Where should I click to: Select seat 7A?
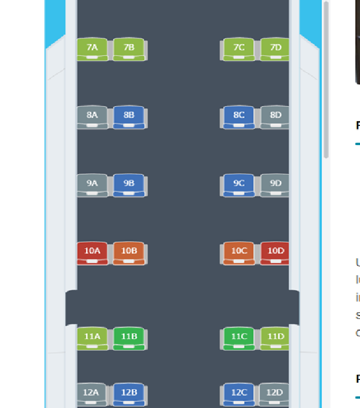pos(92,49)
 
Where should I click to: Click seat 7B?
pos(129,49)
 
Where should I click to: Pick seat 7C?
pos(239,49)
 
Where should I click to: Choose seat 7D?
pos(275,49)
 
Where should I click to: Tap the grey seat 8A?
pos(92,117)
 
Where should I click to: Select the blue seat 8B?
pos(129,117)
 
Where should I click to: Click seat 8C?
pos(239,117)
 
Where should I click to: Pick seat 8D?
pos(275,117)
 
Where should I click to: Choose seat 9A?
pos(92,185)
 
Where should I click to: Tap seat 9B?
pos(129,185)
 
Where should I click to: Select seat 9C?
pos(239,185)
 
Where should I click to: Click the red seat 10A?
pos(92,253)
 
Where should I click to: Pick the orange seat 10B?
pos(129,253)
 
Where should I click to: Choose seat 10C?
pos(239,253)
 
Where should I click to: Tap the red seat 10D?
pos(275,253)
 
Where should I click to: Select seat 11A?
pos(92,338)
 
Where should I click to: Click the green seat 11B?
pos(129,338)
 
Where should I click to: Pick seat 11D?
pos(275,338)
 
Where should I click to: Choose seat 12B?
pos(129,394)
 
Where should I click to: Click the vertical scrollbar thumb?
pos(326,78)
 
